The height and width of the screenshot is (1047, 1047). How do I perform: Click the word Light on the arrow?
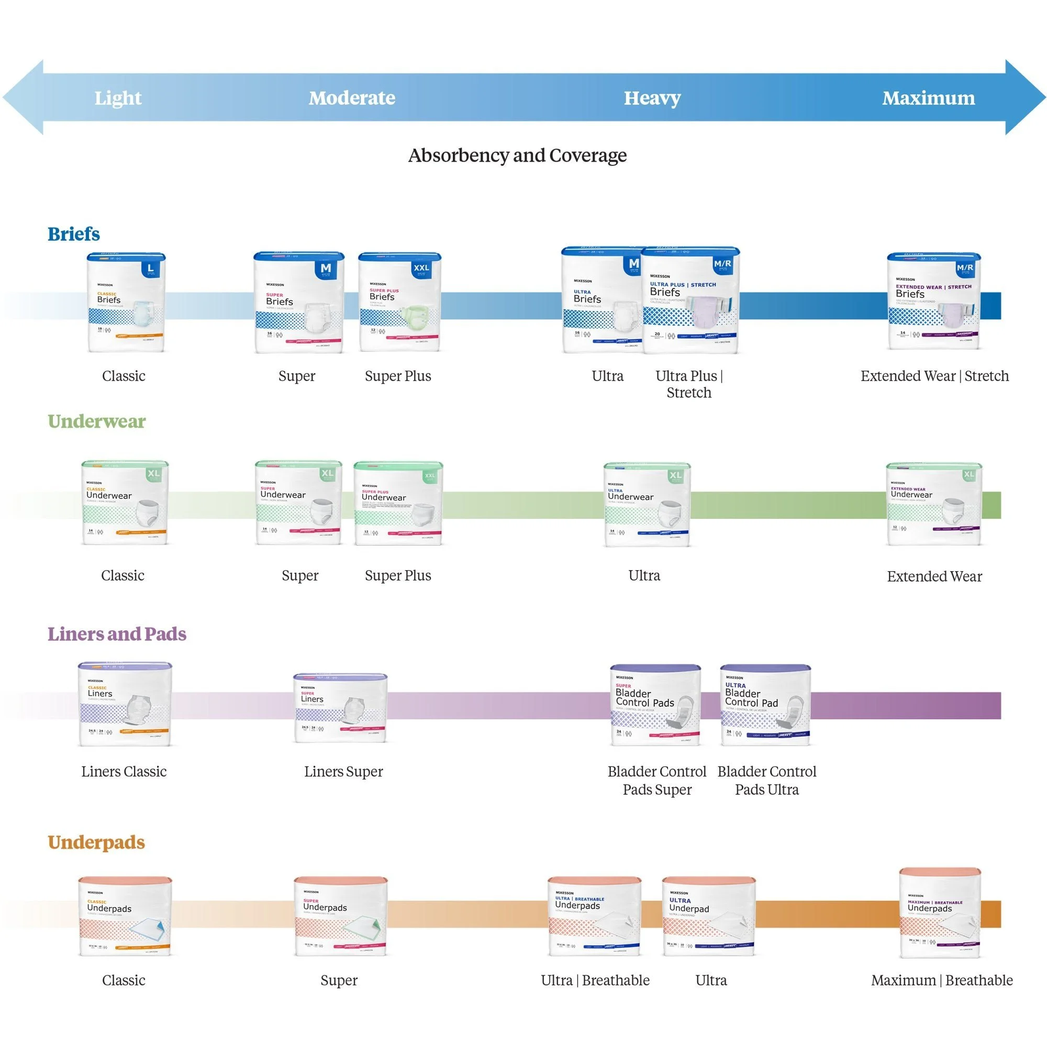pyautogui.click(x=118, y=98)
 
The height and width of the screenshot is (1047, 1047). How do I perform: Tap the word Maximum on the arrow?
pyautogui.click(x=928, y=98)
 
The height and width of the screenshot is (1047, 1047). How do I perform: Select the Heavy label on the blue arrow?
pyautogui.click(x=652, y=98)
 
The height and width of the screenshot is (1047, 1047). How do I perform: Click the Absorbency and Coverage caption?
pyautogui.click(x=517, y=155)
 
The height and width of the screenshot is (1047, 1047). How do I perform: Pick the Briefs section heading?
pyautogui.click(x=74, y=234)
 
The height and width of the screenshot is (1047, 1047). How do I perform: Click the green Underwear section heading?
pyautogui.click(x=96, y=421)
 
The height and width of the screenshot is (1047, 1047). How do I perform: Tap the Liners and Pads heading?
pyautogui.click(x=117, y=633)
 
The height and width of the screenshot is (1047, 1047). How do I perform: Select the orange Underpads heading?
pyautogui.click(x=96, y=842)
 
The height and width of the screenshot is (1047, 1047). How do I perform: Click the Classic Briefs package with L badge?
pyautogui.click(x=126, y=302)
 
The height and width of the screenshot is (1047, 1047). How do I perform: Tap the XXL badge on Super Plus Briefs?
pyautogui.click(x=421, y=268)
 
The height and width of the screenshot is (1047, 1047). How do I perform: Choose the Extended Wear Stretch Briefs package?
pyautogui.click(x=933, y=302)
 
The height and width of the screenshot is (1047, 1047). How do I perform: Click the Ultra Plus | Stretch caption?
pyautogui.click(x=689, y=384)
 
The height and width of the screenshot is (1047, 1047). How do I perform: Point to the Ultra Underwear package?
pyautogui.click(x=647, y=505)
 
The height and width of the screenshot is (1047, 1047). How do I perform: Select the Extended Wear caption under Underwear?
pyautogui.click(x=934, y=576)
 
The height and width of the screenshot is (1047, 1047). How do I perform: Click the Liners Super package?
pyautogui.click(x=340, y=708)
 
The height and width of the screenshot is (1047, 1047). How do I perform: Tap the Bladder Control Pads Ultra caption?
pyautogui.click(x=766, y=781)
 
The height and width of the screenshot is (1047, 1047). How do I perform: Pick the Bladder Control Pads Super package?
pyautogui.click(x=655, y=705)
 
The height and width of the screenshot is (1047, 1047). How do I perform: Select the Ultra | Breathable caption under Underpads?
pyautogui.click(x=595, y=981)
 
